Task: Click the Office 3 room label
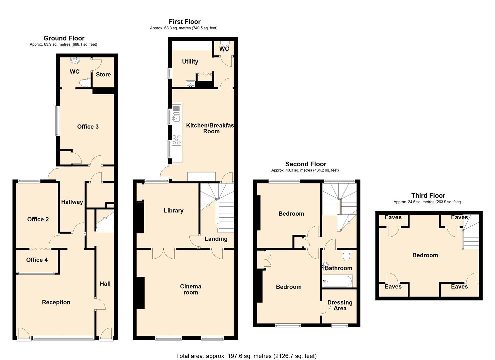click(x=88, y=127)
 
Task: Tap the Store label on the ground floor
click(x=103, y=75)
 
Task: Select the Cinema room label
click(x=190, y=289)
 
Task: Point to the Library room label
click(x=173, y=211)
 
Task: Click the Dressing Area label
click(x=340, y=305)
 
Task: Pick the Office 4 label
click(x=37, y=260)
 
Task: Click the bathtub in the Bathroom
click(x=337, y=281)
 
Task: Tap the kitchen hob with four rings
click(x=177, y=140)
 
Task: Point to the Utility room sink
click(x=190, y=83)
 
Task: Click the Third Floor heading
click(x=428, y=196)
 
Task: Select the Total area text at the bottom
click(x=246, y=356)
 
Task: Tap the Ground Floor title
click(x=64, y=38)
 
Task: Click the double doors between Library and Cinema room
click(x=163, y=253)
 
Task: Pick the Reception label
click(x=56, y=303)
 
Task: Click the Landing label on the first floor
click(x=216, y=239)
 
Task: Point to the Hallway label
click(x=72, y=202)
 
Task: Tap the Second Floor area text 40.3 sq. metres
click(x=305, y=170)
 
